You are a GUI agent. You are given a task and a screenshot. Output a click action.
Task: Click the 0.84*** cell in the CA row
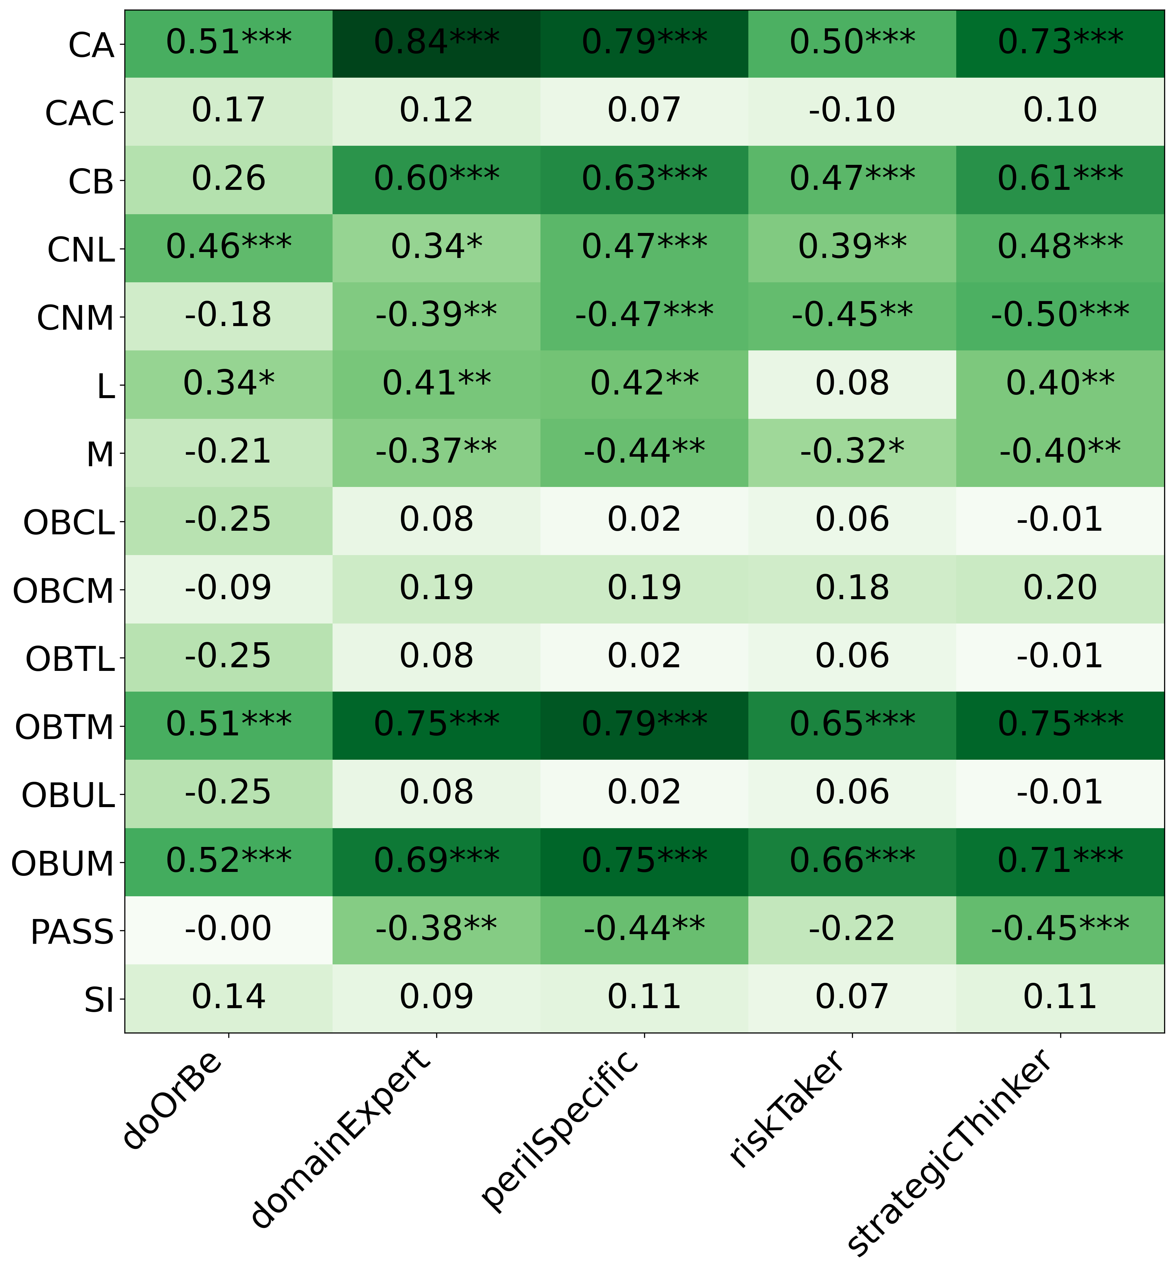[437, 43]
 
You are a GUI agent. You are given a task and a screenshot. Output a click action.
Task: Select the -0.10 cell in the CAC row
[852, 111]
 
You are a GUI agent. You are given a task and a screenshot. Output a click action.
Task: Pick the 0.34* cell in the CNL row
[437, 248]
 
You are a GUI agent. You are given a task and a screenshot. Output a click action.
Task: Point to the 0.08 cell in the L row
[852, 384]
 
